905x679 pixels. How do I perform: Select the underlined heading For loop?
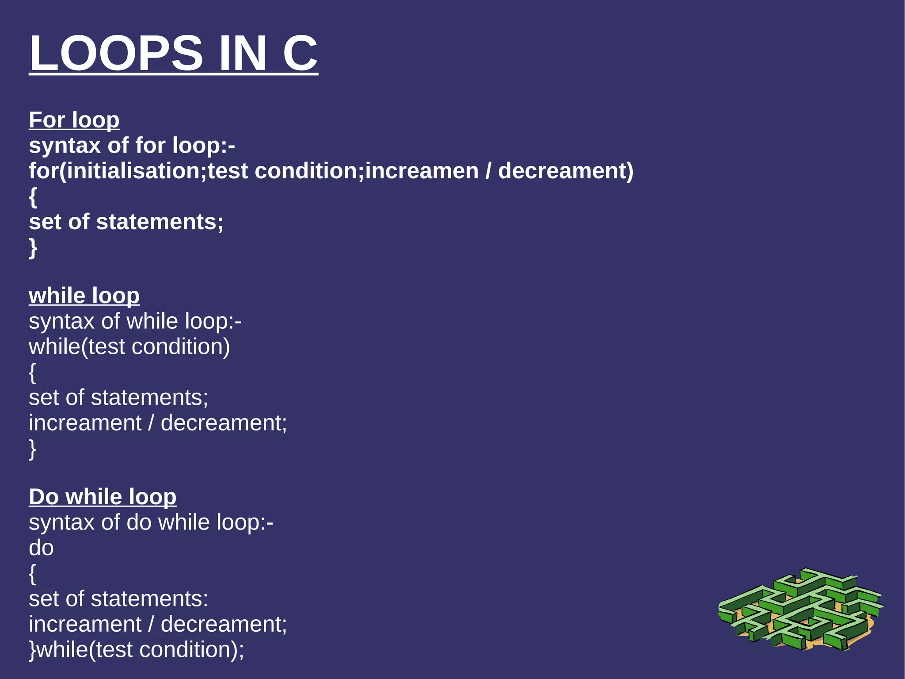(74, 120)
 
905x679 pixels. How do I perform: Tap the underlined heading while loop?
(84, 295)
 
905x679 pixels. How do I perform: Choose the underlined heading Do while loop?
(103, 497)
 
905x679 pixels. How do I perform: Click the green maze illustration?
(800, 610)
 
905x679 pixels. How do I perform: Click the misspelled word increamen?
(422, 171)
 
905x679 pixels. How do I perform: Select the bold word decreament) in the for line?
(566, 171)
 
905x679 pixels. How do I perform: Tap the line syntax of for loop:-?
(132, 146)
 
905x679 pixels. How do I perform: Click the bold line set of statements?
(126, 222)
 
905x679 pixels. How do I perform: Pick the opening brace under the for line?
(33, 197)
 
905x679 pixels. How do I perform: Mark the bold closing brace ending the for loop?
(33, 248)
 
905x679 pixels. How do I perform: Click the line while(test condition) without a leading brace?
(129, 346)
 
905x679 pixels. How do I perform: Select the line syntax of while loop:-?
(135, 321)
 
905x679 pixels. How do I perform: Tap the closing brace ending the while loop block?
(32, 449)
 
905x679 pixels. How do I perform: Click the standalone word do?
(41, 548)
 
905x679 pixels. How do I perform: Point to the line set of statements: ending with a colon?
(118, 599)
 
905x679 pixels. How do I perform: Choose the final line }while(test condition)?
(136, 650)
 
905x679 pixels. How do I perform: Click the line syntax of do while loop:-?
(151, 522)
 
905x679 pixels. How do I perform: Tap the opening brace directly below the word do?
(32, 574)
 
